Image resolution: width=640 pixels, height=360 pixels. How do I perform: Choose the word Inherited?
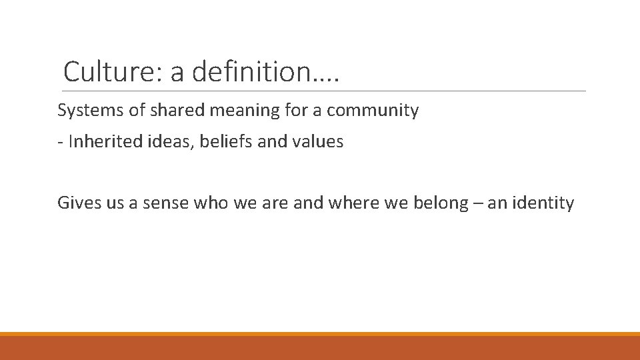(103, 142)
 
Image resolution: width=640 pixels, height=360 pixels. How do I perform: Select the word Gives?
(78, 203)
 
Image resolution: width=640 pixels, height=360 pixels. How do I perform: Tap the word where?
(351, 203)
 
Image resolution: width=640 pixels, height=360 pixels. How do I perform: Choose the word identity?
(542, 203)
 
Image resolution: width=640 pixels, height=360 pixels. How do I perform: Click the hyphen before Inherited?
(60, 143)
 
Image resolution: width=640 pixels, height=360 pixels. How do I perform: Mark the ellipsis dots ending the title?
(326, 79)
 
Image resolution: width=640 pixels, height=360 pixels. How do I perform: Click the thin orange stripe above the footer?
(320, 334)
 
